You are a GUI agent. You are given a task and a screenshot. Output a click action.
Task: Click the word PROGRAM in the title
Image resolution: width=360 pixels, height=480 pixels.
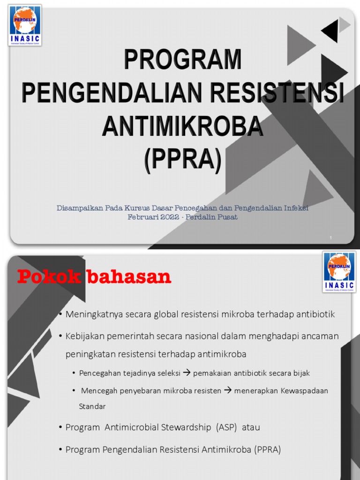coord(183,60)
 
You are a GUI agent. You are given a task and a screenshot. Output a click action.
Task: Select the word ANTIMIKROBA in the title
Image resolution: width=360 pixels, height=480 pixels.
coord(183,126)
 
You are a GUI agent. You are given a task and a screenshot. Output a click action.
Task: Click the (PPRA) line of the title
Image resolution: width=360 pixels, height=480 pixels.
coord(183,159)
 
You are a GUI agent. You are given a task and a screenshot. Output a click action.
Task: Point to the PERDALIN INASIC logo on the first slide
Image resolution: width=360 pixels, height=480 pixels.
coord(25,25)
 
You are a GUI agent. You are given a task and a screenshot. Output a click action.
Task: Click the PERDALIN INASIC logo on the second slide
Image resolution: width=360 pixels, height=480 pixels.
coord(339,271)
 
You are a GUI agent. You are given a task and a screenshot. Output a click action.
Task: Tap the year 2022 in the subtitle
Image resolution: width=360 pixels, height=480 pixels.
coord(171,217)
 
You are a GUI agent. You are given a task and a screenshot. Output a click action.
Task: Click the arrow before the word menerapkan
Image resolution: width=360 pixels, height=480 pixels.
coord(228,390)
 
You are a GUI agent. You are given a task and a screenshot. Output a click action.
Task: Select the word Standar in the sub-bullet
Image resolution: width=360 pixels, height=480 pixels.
coord(92,406)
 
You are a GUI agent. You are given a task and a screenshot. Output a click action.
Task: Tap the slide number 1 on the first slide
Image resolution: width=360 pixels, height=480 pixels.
coord(330,238)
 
